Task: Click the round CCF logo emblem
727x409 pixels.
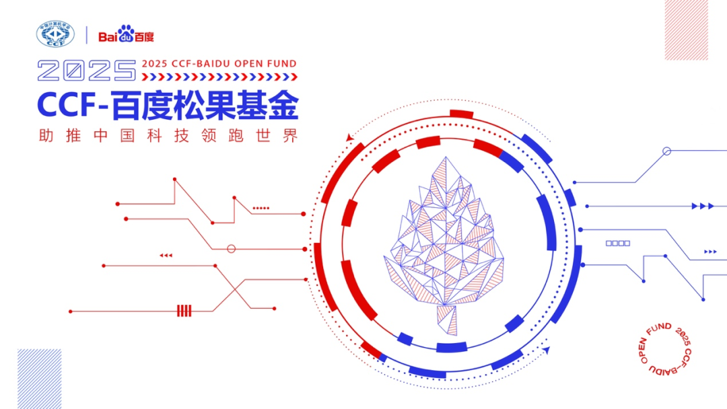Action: pyautogui.click(x=56, y=35)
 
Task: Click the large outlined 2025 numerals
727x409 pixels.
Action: pyautogui.click(x=87, y=70)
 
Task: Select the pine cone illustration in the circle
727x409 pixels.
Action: pyautogui.click(x=444, y=235)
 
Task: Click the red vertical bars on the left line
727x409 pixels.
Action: pyautogui.click(x=184, y=311)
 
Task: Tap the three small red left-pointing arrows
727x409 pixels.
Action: pyautogui.click(x=166, y=256)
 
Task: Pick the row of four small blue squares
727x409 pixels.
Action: pyautogui.click(x=618, y=243)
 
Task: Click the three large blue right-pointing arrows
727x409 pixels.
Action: pyautogui.click(x=703, y=206)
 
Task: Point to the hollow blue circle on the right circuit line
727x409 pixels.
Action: pyautogui.click(x=666, y=151)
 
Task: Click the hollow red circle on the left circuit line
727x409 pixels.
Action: pyautogui.click(x=232, y=249)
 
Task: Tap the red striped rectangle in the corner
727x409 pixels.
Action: pyautogui.click(x=687, y=30)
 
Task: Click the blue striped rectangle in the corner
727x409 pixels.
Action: pyautogui.click(x=39, y=379)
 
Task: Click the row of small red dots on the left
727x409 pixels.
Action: pyautogui.click(x=261, y=209)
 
